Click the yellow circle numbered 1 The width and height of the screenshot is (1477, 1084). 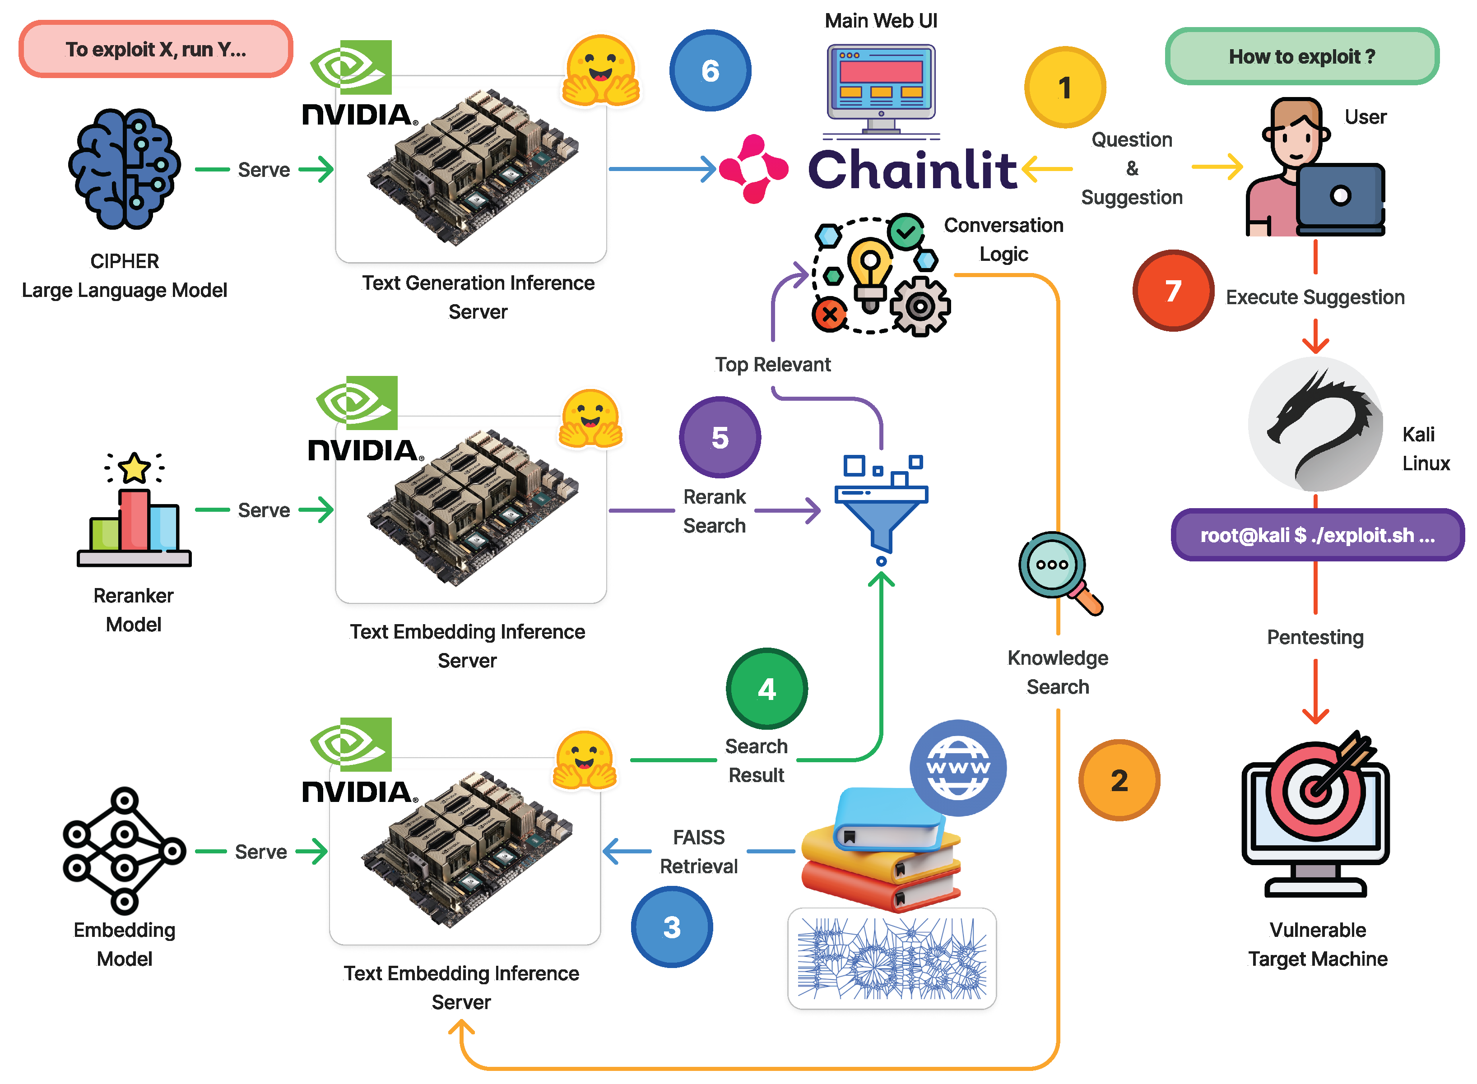1064,87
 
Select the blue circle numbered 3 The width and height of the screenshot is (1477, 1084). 671,926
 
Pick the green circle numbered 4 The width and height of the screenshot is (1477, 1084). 766,688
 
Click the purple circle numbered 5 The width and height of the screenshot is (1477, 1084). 720,437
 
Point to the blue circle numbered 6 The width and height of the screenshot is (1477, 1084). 710,70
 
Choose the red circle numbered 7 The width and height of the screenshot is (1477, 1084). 1173,290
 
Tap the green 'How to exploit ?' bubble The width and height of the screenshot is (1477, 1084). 1302,56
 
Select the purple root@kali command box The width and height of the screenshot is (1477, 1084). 1318,535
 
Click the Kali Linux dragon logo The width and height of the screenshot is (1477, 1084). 1315,425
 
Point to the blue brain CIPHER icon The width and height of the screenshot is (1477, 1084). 124,169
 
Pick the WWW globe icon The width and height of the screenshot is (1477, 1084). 958,768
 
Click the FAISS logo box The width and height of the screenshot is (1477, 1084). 892,959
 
